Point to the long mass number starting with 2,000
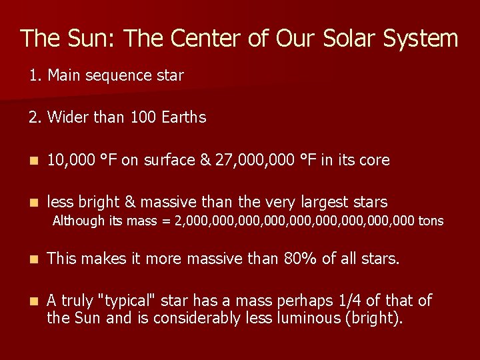click(294, 221)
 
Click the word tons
click(431, 221)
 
